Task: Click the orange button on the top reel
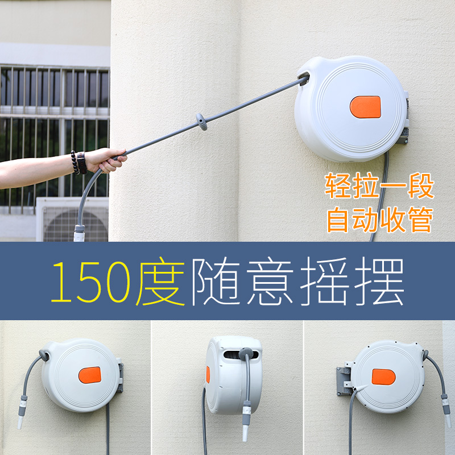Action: point(365,107)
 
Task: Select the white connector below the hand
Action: point(80,233)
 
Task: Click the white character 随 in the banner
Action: point(213,282)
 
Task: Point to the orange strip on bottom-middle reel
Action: point(208,374)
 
